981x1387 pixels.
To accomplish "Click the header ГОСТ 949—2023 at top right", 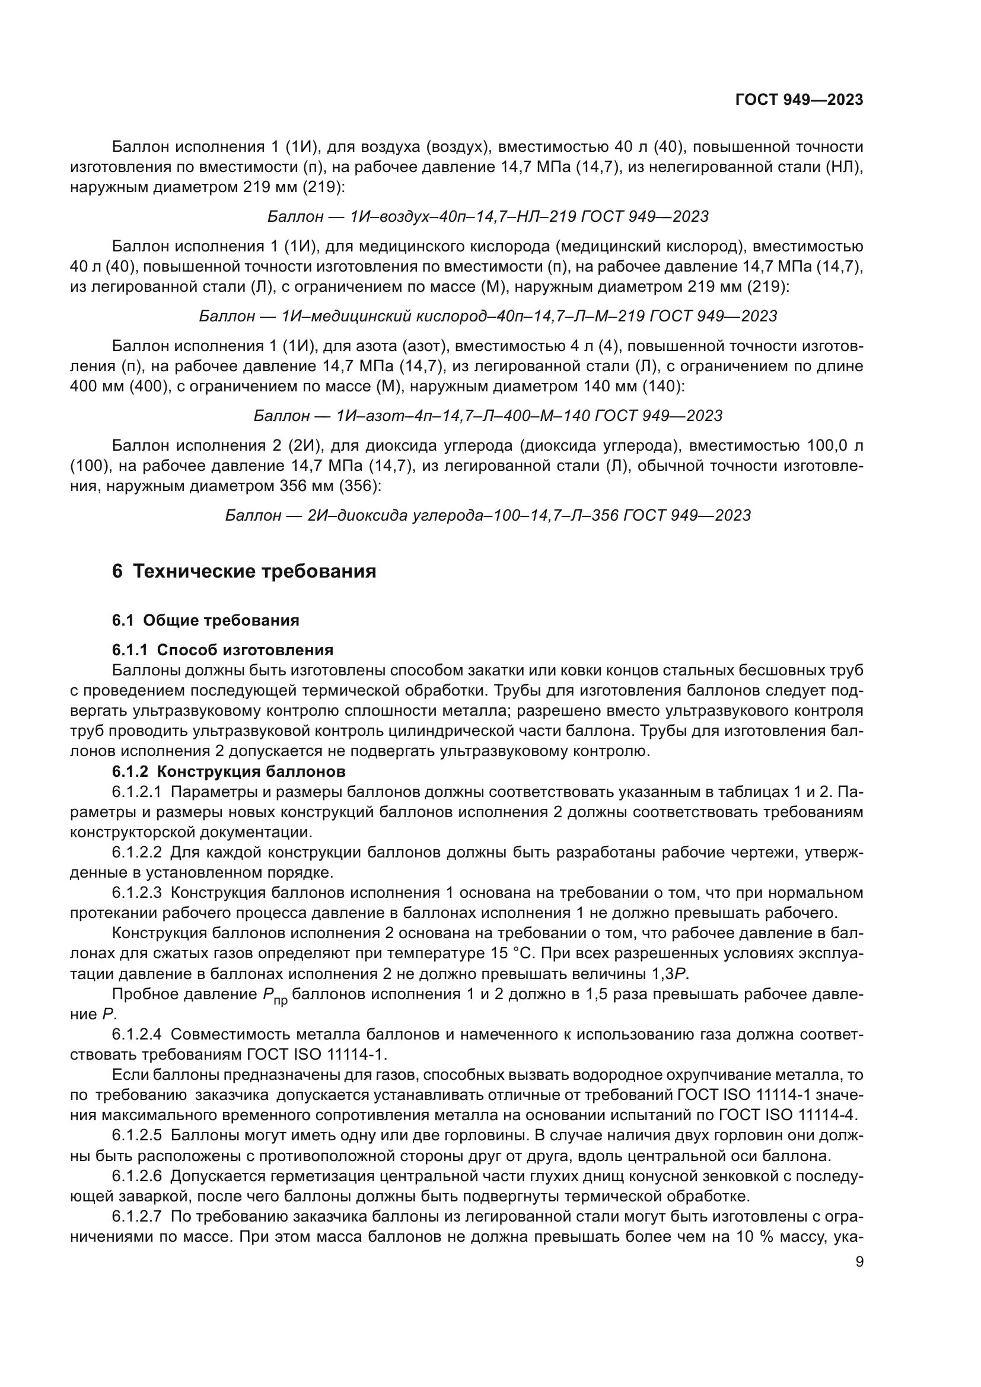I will (x=798, y=100).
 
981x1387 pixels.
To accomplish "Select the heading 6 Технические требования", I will (x=244, y=571).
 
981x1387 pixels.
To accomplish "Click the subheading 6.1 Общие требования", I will (x=205, y=620).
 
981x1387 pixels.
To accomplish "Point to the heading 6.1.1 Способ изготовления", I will (x=222, y=650).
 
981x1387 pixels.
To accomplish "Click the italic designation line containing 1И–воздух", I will (x=488, y=216).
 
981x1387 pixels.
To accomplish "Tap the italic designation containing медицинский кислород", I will (x=488, y=316).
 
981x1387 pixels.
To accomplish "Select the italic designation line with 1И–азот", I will (x=488, y=416).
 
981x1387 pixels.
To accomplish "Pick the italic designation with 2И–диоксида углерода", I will (x=488, y=515).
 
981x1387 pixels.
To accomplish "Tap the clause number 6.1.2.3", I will (x=136, y=893).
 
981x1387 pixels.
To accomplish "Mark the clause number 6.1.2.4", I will (x=136, y=1035).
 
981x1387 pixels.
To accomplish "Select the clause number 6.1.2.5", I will (x=136, y=1136).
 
